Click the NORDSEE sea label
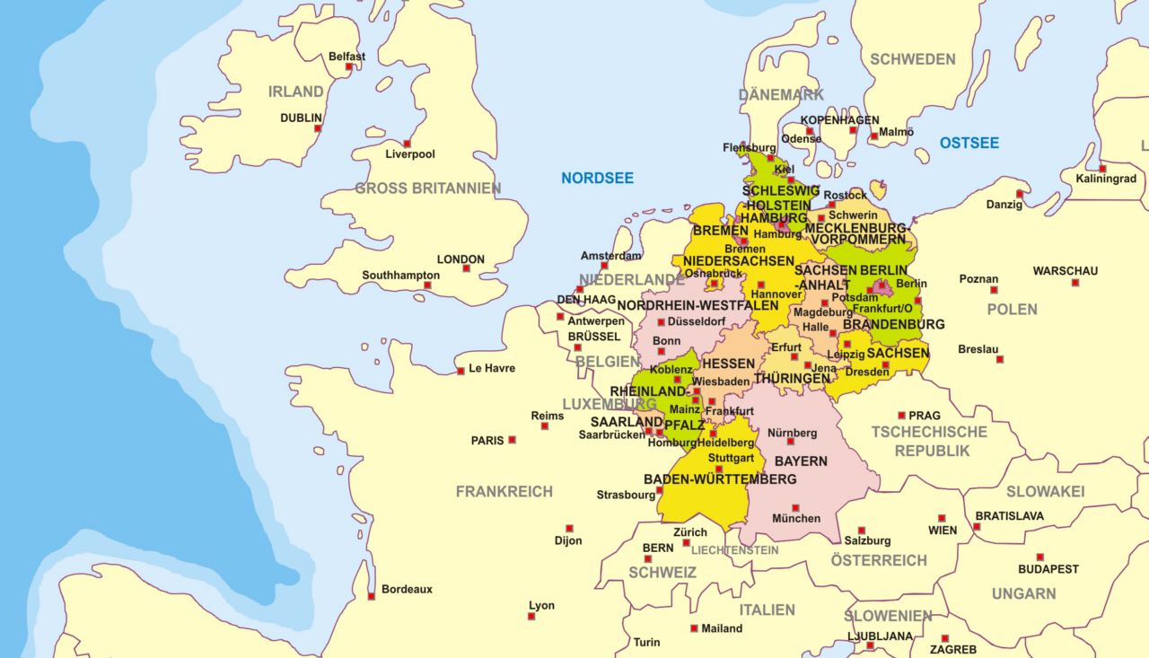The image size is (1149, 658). pos(597,178)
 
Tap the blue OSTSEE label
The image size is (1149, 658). pos(969,143)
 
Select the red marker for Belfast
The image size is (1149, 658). pos(349,66)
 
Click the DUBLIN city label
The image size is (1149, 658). pos(301,118)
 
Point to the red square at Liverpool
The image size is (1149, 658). pos(407,144)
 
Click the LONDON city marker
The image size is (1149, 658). pos(466,268)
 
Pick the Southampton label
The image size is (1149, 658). pos(400,275)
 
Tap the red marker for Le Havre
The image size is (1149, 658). pos(460,370)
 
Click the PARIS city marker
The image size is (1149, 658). pos(512,440)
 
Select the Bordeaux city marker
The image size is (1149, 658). pos(371,596)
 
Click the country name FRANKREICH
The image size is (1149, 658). pos(504,491)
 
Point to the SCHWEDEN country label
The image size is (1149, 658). pos(912,59)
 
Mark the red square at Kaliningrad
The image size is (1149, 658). pos(1102,169)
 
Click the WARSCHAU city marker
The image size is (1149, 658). pos(1074,283)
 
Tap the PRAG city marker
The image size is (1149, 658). pos(901,416)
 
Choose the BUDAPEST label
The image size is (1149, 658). pos(1048,569)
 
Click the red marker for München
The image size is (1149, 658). pos(795,508)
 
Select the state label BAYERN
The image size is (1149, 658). pos(801,461)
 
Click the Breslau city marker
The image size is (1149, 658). pos(999,359)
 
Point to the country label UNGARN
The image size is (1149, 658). pos(1023,593)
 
